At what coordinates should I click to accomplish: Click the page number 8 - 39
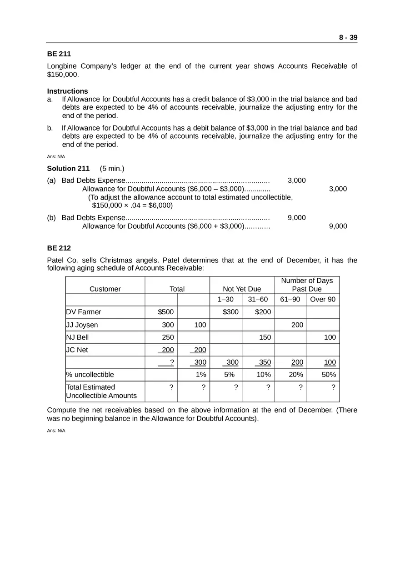(348, 37)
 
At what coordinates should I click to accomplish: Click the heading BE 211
(59, 54)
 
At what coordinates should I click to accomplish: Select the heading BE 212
(59, 248)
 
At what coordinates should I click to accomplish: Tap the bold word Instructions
(67, 91)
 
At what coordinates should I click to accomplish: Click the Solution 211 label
(68, 168)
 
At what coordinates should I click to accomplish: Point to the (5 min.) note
(112, 168)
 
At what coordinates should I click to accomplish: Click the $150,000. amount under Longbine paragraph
(63, 74)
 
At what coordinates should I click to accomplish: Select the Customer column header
(105, 289)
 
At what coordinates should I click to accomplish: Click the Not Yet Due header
(242, 289)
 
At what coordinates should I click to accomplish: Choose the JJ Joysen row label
(82, 325)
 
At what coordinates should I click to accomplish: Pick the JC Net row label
(77, 350)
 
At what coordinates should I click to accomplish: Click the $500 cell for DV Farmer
(165, 312)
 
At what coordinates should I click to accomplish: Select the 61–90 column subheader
(290, 299)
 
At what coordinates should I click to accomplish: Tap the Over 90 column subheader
(323, 299)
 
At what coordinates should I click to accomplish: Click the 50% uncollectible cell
(329, 375)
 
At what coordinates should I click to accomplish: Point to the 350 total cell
(265, 362)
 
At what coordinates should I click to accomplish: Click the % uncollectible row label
(90, 375)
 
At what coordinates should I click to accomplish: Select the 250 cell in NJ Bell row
(168, 337)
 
